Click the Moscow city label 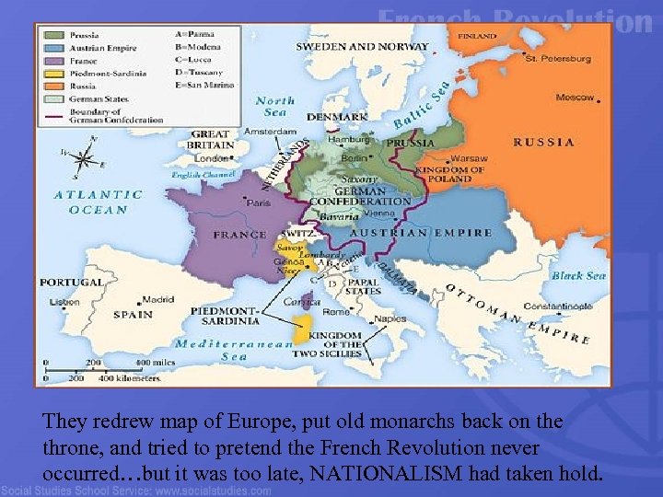pos(576,97)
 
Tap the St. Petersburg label pos(558,59)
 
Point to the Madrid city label pos(157,298)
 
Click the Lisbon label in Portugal pos(64,302)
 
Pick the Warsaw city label pos(470,158)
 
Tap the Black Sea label pos(578,275)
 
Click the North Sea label pos(275,106)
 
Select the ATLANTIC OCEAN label pos(98,202)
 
